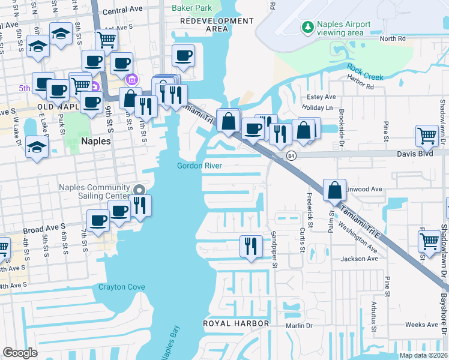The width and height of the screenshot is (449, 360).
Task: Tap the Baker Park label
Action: tap(192, 8)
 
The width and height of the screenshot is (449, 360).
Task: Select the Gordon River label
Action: tap(200, 166)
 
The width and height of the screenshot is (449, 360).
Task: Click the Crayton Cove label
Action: tap(122, 287)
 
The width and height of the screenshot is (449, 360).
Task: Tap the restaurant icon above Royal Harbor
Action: tap(250, 245)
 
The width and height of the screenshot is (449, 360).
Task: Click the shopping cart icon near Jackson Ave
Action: tap(429, 241)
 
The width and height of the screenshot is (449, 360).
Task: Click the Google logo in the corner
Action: tap(20, 353)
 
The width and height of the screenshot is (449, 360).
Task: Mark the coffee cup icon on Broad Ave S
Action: tap(98, 220)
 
